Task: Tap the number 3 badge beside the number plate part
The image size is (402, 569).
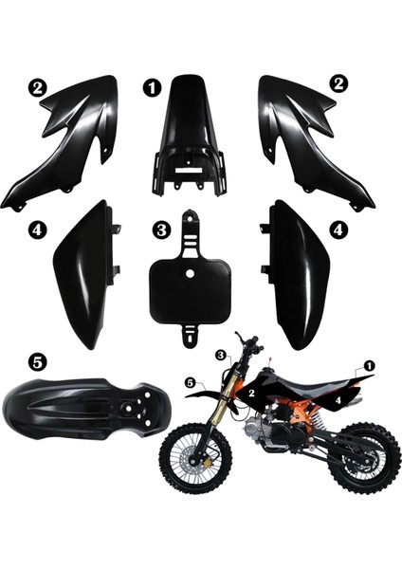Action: coord(161,229)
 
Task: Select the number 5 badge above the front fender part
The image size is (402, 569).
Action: coord(36,360)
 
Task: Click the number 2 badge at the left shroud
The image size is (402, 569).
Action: coord(37,86)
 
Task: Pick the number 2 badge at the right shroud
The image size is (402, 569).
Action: coord(338,83)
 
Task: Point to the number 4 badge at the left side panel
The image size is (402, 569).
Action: coord(36,229)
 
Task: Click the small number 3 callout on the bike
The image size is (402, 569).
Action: coord(221,354)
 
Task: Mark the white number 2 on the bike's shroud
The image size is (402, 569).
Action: coord(251,391)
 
